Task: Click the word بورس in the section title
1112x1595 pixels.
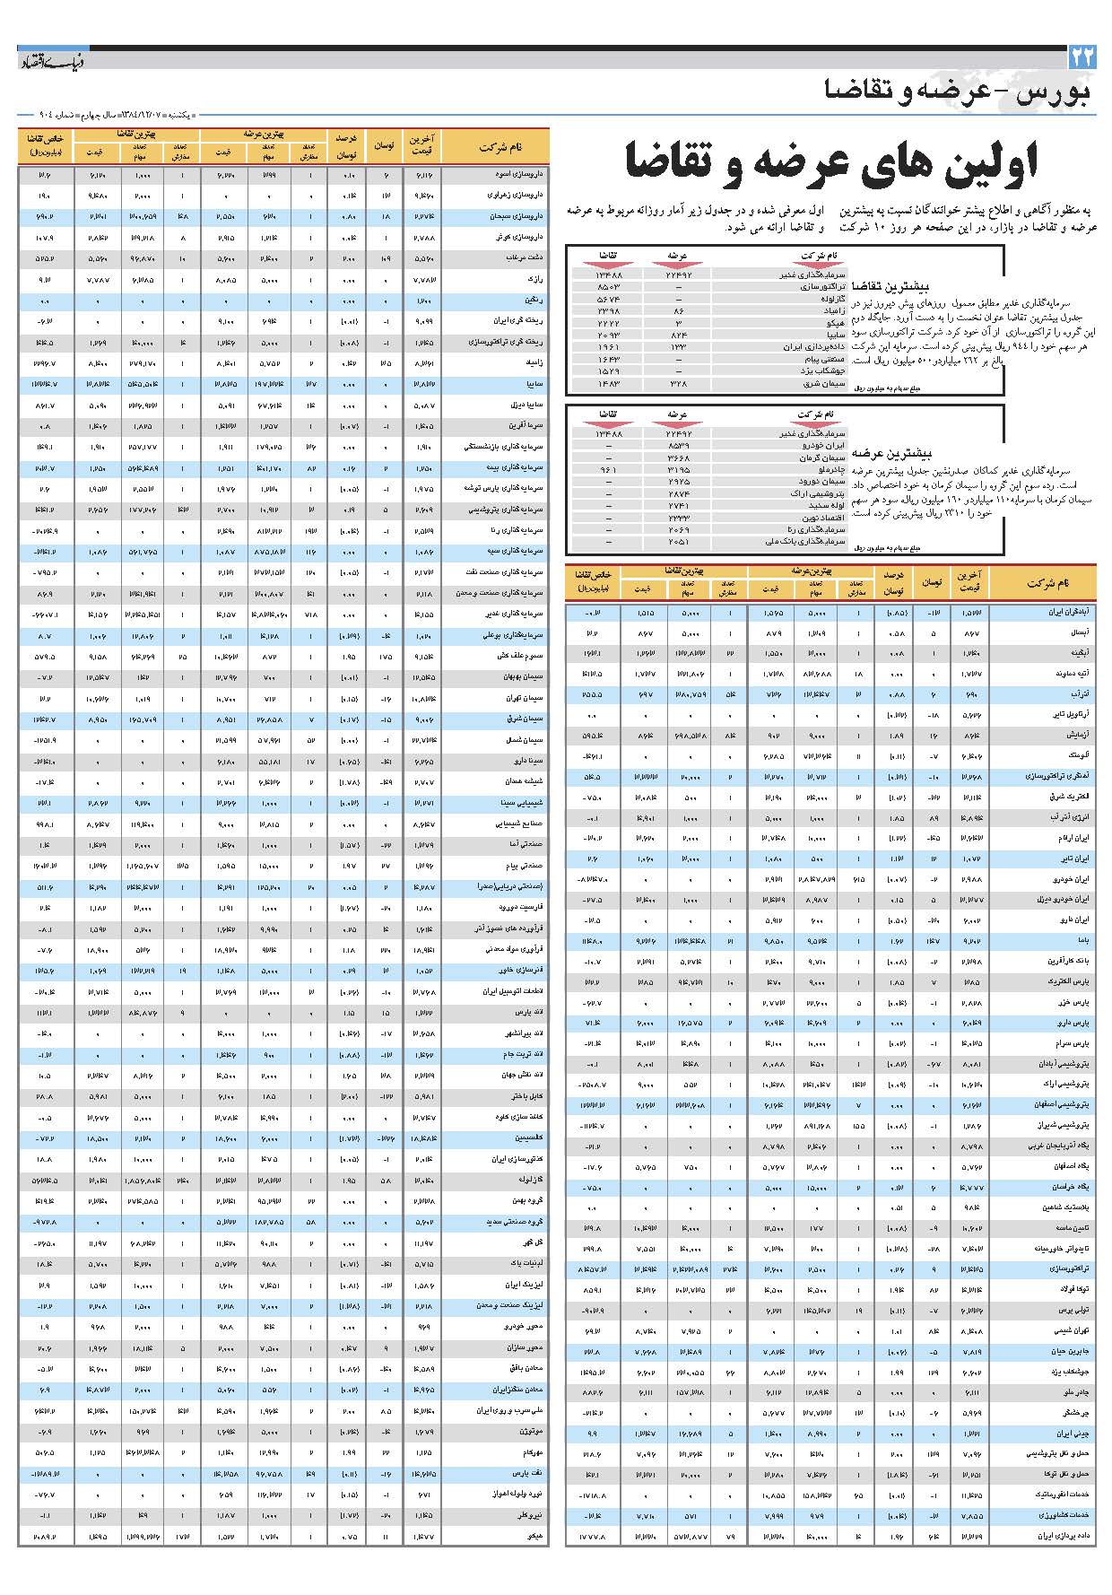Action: tap(1058, 91)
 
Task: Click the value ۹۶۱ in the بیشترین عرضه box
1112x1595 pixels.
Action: tap(610, 469)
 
